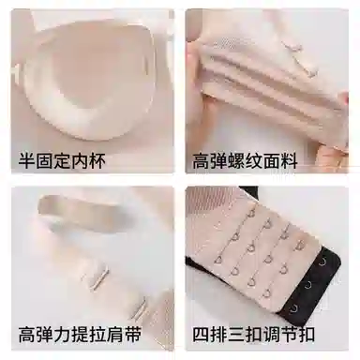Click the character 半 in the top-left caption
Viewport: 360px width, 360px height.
pos(27,160)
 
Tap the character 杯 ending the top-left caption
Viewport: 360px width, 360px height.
pos(97,160)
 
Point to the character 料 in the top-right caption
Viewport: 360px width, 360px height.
pos(289,161)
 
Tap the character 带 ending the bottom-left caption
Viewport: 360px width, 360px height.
pos(132,334)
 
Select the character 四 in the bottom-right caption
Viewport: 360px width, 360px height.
pos(201,334)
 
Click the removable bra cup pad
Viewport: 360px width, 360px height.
pos(86,78)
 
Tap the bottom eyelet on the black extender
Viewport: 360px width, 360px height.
pos(294,308)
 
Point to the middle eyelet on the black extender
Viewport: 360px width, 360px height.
pos(308,285)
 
